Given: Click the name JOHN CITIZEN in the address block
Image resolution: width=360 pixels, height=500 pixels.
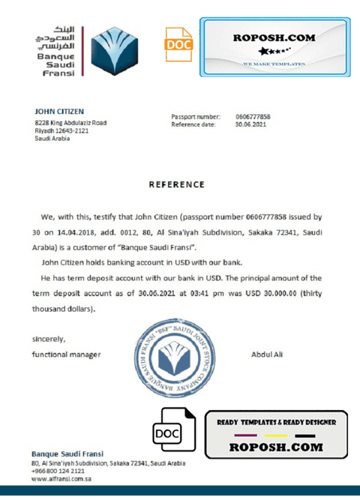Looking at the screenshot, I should pos(59,112).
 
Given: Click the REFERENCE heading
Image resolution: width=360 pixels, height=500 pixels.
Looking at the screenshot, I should pos(176,185).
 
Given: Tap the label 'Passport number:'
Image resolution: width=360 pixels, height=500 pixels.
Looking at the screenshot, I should pos(196,117).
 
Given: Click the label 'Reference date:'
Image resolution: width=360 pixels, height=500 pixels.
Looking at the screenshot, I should pos(194,125).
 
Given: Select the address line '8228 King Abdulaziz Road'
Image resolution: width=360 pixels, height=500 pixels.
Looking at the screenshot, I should pos(70,123).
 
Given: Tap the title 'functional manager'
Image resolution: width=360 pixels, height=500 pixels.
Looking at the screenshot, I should pos(66,355).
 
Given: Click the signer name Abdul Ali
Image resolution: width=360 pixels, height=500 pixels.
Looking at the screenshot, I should pos(267,355).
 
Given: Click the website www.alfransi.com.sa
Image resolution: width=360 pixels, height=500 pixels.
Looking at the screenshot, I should pos(61,479).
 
